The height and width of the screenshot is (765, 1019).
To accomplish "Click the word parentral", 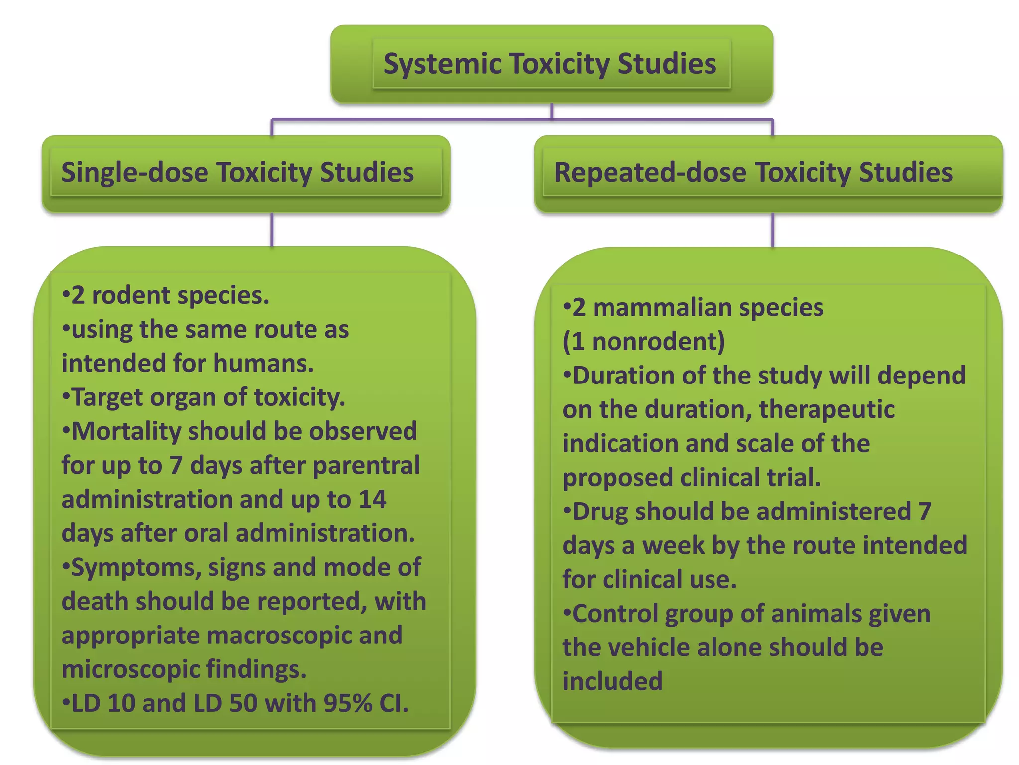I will pyautogui.click(x=366, y=466).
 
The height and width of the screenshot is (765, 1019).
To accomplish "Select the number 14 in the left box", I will pyautogui.click(x=372, y=500).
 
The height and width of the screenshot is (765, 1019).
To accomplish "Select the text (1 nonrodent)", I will pyautogui.click(x=643, y=342).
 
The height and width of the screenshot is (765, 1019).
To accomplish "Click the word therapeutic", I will pyautogui.click(x=826, y=410).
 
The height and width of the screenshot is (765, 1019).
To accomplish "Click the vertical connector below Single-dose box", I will pyautogui.click(x=272, y=229).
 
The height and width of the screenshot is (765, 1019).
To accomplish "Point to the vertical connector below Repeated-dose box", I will pyautogui.click(x=772, y=230).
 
